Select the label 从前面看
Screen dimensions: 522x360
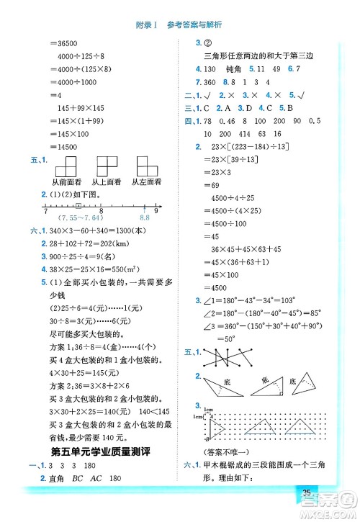(x=62, y=183)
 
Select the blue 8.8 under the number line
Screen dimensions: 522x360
(x=143, y=217)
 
